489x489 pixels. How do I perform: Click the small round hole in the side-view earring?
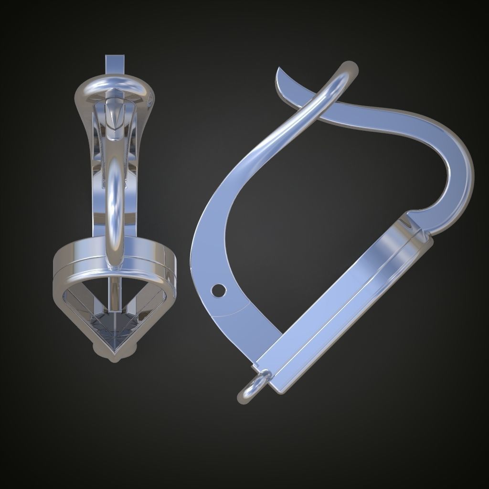[x=219, y=289]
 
